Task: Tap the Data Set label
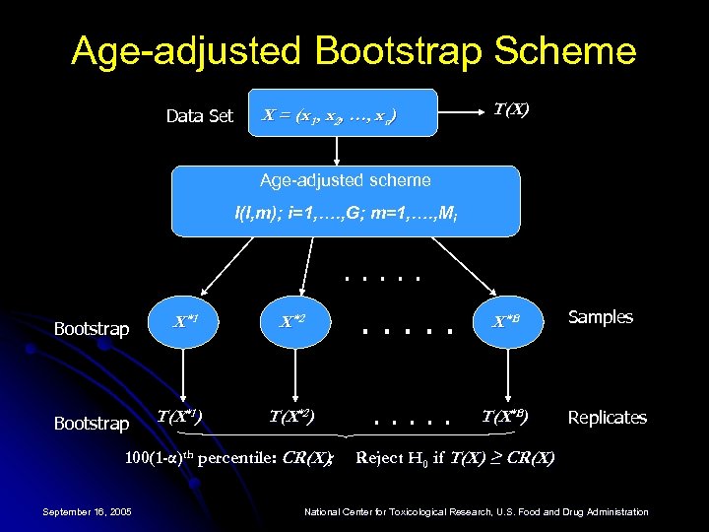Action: click(199, 116)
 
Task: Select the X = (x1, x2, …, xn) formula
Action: click(329, 119)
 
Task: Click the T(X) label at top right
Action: click(511, 109)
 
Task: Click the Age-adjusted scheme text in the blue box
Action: click(345, 180)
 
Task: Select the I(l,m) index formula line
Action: click(345, 212)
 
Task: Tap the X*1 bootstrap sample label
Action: click(186, 321)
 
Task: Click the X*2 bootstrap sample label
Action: click(292, 321)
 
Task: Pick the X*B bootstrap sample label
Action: click(507, 321)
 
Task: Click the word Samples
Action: click(601, 317)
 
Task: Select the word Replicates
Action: click(608, 418)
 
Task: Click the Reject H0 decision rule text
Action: click(454, 457)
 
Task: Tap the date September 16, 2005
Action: click(88, 511)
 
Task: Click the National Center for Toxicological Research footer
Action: click(477, 512)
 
